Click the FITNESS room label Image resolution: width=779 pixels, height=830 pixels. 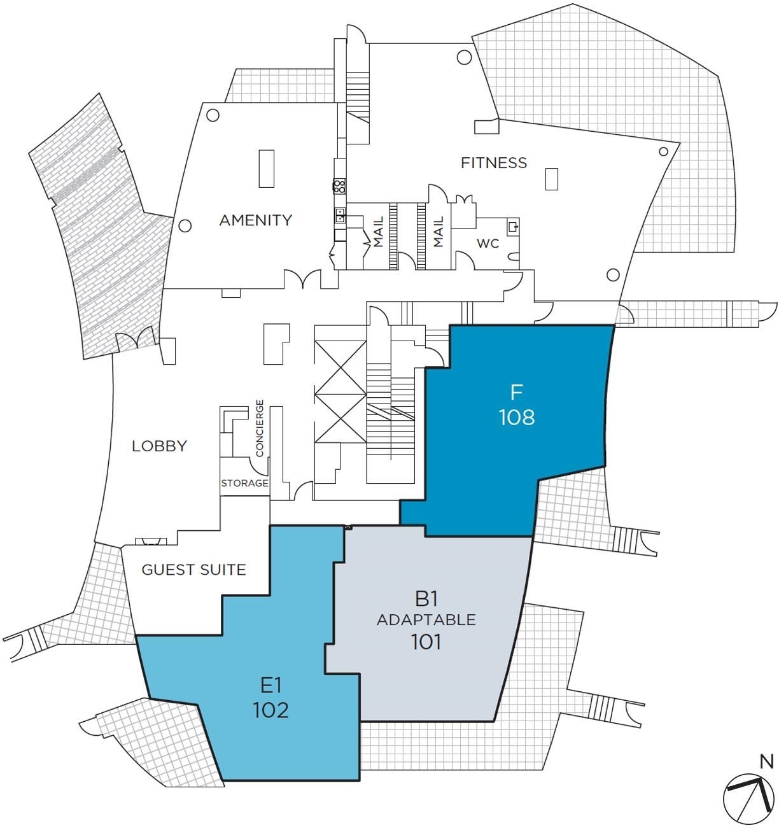point(494,162)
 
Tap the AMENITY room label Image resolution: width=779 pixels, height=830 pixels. point(256,220)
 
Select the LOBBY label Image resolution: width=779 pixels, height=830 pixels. point(159,446)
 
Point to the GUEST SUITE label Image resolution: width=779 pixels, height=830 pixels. point(194,570)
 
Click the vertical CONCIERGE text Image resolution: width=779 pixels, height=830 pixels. point(260,428)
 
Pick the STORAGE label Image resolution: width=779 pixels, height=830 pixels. point(245,483)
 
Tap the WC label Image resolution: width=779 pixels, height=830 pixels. point(488,243)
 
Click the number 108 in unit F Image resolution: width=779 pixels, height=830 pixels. point(517,417)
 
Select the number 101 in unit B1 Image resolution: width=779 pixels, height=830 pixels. point(426,642)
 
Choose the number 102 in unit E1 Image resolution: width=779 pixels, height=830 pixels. point(271,710)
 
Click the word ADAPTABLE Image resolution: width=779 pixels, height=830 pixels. point(426,620)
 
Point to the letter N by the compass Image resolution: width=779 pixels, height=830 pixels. point(767,762)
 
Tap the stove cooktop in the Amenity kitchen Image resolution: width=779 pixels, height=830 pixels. point(339,186)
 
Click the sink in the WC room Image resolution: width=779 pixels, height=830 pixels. point(514,227)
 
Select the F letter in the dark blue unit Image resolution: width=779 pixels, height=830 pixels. point(517,392)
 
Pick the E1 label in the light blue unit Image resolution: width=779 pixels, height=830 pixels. point(271,686)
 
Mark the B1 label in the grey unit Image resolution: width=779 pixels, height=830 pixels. point(426,599)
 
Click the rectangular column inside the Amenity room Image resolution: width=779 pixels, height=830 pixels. point(266,169)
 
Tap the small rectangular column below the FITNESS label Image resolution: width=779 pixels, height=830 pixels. point(552,179)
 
